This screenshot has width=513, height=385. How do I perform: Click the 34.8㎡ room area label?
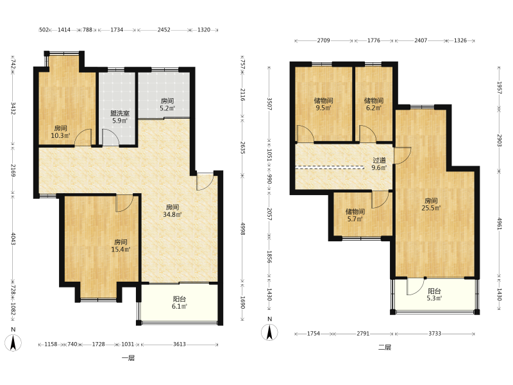point(172,211)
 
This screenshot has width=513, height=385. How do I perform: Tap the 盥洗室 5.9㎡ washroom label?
point(120,117)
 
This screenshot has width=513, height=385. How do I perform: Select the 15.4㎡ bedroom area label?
point(121,246)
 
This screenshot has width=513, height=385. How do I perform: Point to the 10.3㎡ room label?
point(60,132)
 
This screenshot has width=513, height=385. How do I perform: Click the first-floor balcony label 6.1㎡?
point(180,302)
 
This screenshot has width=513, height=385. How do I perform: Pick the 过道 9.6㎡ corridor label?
point(379,164)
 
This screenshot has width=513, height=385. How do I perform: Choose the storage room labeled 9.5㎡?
point(324,104)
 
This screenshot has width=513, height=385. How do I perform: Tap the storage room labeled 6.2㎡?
point(374,104)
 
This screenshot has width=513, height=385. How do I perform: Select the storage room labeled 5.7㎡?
point(355,215)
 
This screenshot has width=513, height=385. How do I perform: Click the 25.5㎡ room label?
point(431,204)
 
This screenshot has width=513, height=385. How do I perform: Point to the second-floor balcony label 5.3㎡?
point(434,295)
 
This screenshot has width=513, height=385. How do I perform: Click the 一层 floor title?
point(128,358)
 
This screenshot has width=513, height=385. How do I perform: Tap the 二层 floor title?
point(385,347)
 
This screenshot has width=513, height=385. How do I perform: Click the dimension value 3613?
point(180,344)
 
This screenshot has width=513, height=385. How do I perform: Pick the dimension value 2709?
point(324,40)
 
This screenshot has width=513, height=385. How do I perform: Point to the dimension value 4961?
point(500,223)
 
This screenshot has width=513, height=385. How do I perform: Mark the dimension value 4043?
point(13,239)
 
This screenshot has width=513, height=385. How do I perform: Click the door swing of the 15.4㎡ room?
point(124,203)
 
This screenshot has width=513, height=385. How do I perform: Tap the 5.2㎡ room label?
point(167,105)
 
